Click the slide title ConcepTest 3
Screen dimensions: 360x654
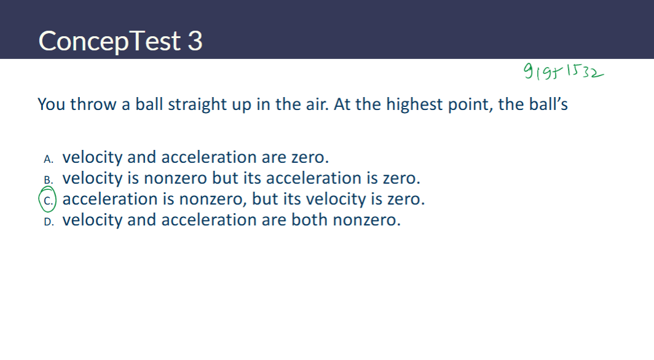120,41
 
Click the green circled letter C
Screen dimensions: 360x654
48,200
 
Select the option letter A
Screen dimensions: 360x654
49,158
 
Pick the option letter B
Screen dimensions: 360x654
49,179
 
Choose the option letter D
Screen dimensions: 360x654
49,221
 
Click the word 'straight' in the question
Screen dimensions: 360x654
197,104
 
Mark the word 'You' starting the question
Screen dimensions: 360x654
52,104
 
